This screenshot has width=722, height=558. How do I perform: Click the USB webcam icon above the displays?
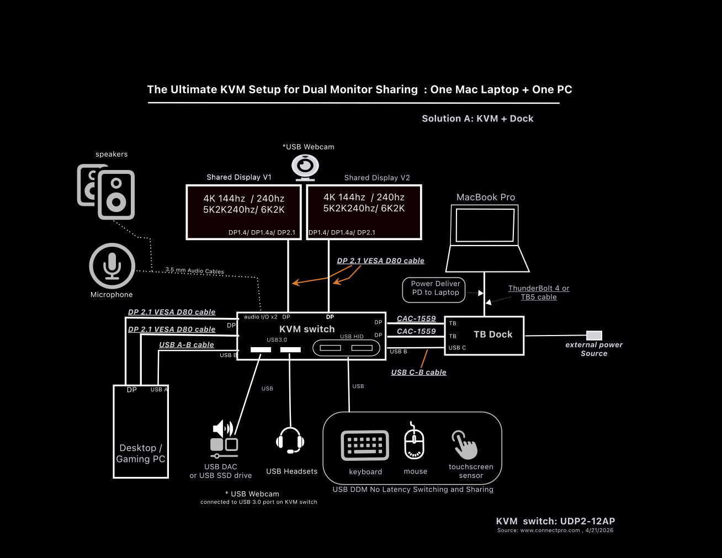[305, 167]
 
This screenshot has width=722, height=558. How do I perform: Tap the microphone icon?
[112, 265]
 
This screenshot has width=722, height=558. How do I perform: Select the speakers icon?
[106, 192]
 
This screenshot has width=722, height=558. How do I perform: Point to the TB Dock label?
[493, 334]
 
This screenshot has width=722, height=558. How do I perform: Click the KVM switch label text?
[307, 329]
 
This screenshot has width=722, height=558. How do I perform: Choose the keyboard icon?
[365, 445]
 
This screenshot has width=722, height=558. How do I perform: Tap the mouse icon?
[415, 442]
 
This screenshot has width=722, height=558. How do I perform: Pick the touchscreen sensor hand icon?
[465, 445]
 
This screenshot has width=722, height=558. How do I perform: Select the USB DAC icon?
[224, 439]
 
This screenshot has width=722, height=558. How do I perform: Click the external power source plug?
[594, 335]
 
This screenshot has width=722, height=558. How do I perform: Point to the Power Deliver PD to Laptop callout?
[436, 288]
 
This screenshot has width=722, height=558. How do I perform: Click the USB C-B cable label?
[418, 373]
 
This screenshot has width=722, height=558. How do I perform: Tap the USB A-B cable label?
[187, 345]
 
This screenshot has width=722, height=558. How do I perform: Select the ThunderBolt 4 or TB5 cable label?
[539, 293]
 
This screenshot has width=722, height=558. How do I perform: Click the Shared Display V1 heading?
[239, 177]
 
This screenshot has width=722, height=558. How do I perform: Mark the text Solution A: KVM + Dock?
[477, 119]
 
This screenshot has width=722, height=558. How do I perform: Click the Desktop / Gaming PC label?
[141, 454]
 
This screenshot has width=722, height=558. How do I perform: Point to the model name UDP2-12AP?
[587, 521]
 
